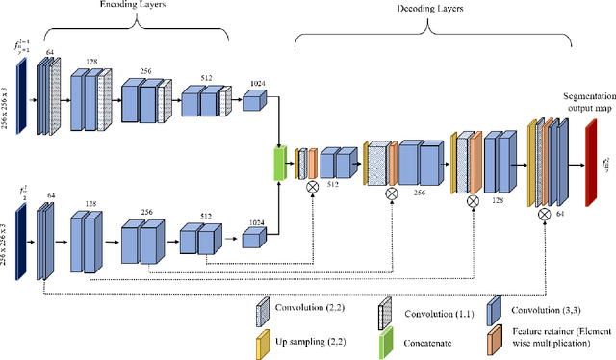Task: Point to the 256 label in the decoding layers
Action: [x=421, y=192]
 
